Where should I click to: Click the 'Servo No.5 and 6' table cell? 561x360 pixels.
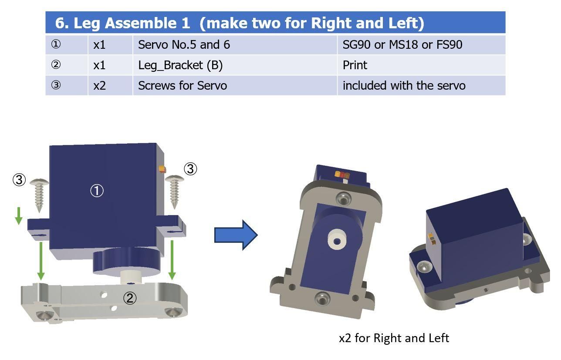click(x=235, y=45)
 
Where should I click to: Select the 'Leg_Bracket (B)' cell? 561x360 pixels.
click(x=235, y=65)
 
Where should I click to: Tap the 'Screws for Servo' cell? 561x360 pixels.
click(x=235, y=85)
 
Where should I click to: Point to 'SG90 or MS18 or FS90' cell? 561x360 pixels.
click(x=422, y=45)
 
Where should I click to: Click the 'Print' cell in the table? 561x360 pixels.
click(x=422, y=65)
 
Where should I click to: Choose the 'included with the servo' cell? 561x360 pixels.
click(x=422, y=85)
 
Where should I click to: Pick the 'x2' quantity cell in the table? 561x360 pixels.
click(x=110, y=85)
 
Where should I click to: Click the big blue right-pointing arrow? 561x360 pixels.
click(x=236, y=235)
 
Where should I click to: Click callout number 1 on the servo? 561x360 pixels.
click(x=97, y=191)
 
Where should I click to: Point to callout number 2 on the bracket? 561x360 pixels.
click(x=130, y=298)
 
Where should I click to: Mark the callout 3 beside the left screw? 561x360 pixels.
click(x=19, y=180)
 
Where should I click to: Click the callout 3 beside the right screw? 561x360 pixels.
click(x=190, y=169)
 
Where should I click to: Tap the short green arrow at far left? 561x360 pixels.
click(x=19, y=216)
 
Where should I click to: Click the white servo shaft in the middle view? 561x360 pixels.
click(x=337, y=240)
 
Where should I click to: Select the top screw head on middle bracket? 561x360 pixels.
click(x=344, y=199)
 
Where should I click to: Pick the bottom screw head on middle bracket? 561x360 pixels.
click(x=322, y=299)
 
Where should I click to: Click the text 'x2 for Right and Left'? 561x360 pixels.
click(x=394, y=338)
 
